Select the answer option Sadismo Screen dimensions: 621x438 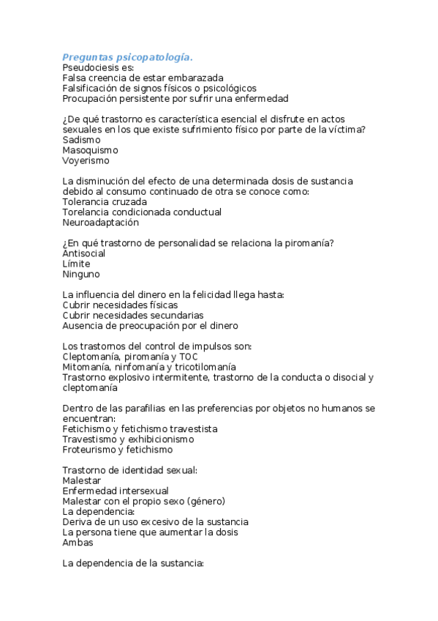point(81,139)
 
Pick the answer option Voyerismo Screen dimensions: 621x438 point(86,160)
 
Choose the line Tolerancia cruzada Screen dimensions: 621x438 point(105,201)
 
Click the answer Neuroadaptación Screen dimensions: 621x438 point(100,222)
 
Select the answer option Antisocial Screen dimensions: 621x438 point(84,253)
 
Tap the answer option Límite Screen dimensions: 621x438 point(76,264)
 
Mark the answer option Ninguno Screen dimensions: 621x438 point(80,274)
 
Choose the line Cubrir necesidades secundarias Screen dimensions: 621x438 point(133,315)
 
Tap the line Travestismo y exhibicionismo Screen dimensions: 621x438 point(128,439)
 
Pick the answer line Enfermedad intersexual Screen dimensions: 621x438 point(116,491)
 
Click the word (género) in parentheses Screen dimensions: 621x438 point(206,501)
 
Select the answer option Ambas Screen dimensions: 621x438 point(78,543)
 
